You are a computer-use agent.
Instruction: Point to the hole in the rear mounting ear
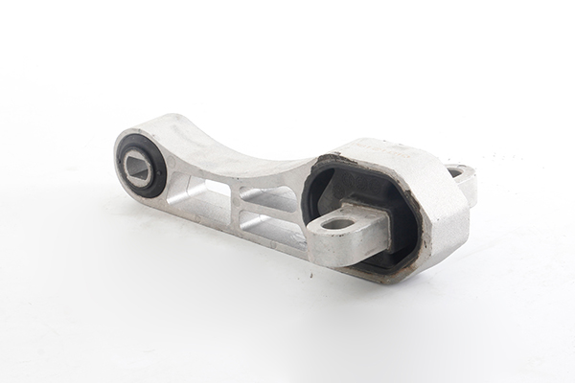click(456, 172)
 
